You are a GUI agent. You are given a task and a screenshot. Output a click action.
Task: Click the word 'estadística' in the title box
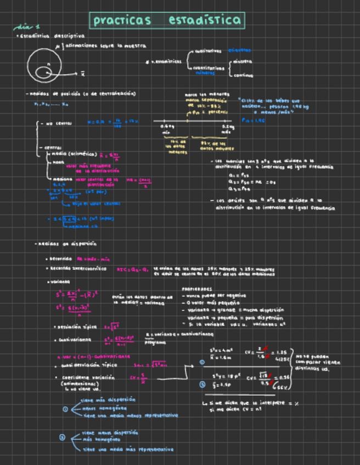click(205, 21)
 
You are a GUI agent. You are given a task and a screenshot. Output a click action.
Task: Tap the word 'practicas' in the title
click(121, 21)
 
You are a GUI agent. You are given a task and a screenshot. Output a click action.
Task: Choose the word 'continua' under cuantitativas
click(243, 76)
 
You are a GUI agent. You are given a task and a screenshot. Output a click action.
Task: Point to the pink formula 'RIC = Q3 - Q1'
click(132, 269)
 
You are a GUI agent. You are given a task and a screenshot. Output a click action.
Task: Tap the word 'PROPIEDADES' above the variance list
click(197, 289)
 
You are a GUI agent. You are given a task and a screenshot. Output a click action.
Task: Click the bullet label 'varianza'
click(59, 282)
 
